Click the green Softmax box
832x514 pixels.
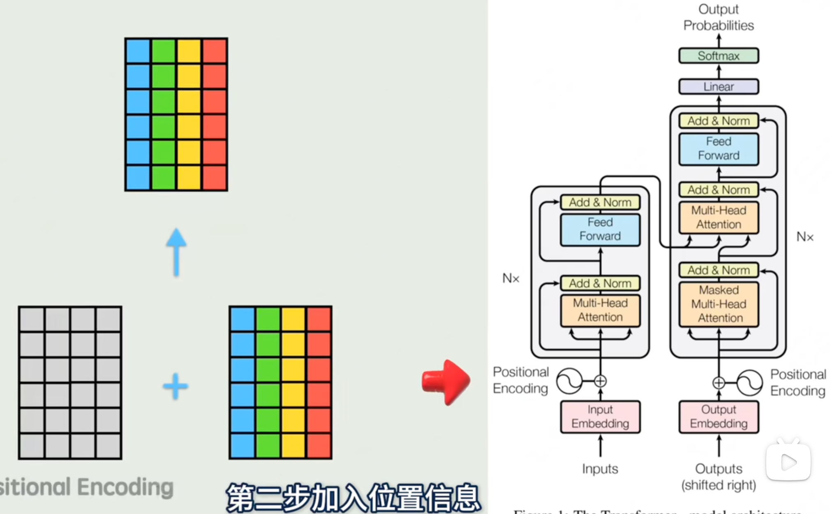click(719, 56)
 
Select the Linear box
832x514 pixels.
click(719, 87)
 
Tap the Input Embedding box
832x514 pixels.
click(600, 417)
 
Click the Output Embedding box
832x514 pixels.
click(719, 417)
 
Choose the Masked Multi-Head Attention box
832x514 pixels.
click(719, 304)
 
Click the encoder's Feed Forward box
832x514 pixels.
click(600, 229)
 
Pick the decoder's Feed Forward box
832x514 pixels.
click(719, 148)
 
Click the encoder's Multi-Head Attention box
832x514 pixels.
click(600, 310)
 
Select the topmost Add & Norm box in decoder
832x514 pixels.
click(719, 121)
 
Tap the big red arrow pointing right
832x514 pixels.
click(446, 382)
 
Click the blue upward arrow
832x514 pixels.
click(176, 252)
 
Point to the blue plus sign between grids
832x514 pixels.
click(176, 386)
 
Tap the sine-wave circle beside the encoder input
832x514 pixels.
click(569, 381)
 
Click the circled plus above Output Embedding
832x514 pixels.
click(719, 383)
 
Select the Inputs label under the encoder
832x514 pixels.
click(600, 469)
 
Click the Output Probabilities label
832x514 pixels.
click(719, 17)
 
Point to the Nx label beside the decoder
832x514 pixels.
click(805, 237)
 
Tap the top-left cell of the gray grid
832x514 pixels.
click(32, 320)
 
